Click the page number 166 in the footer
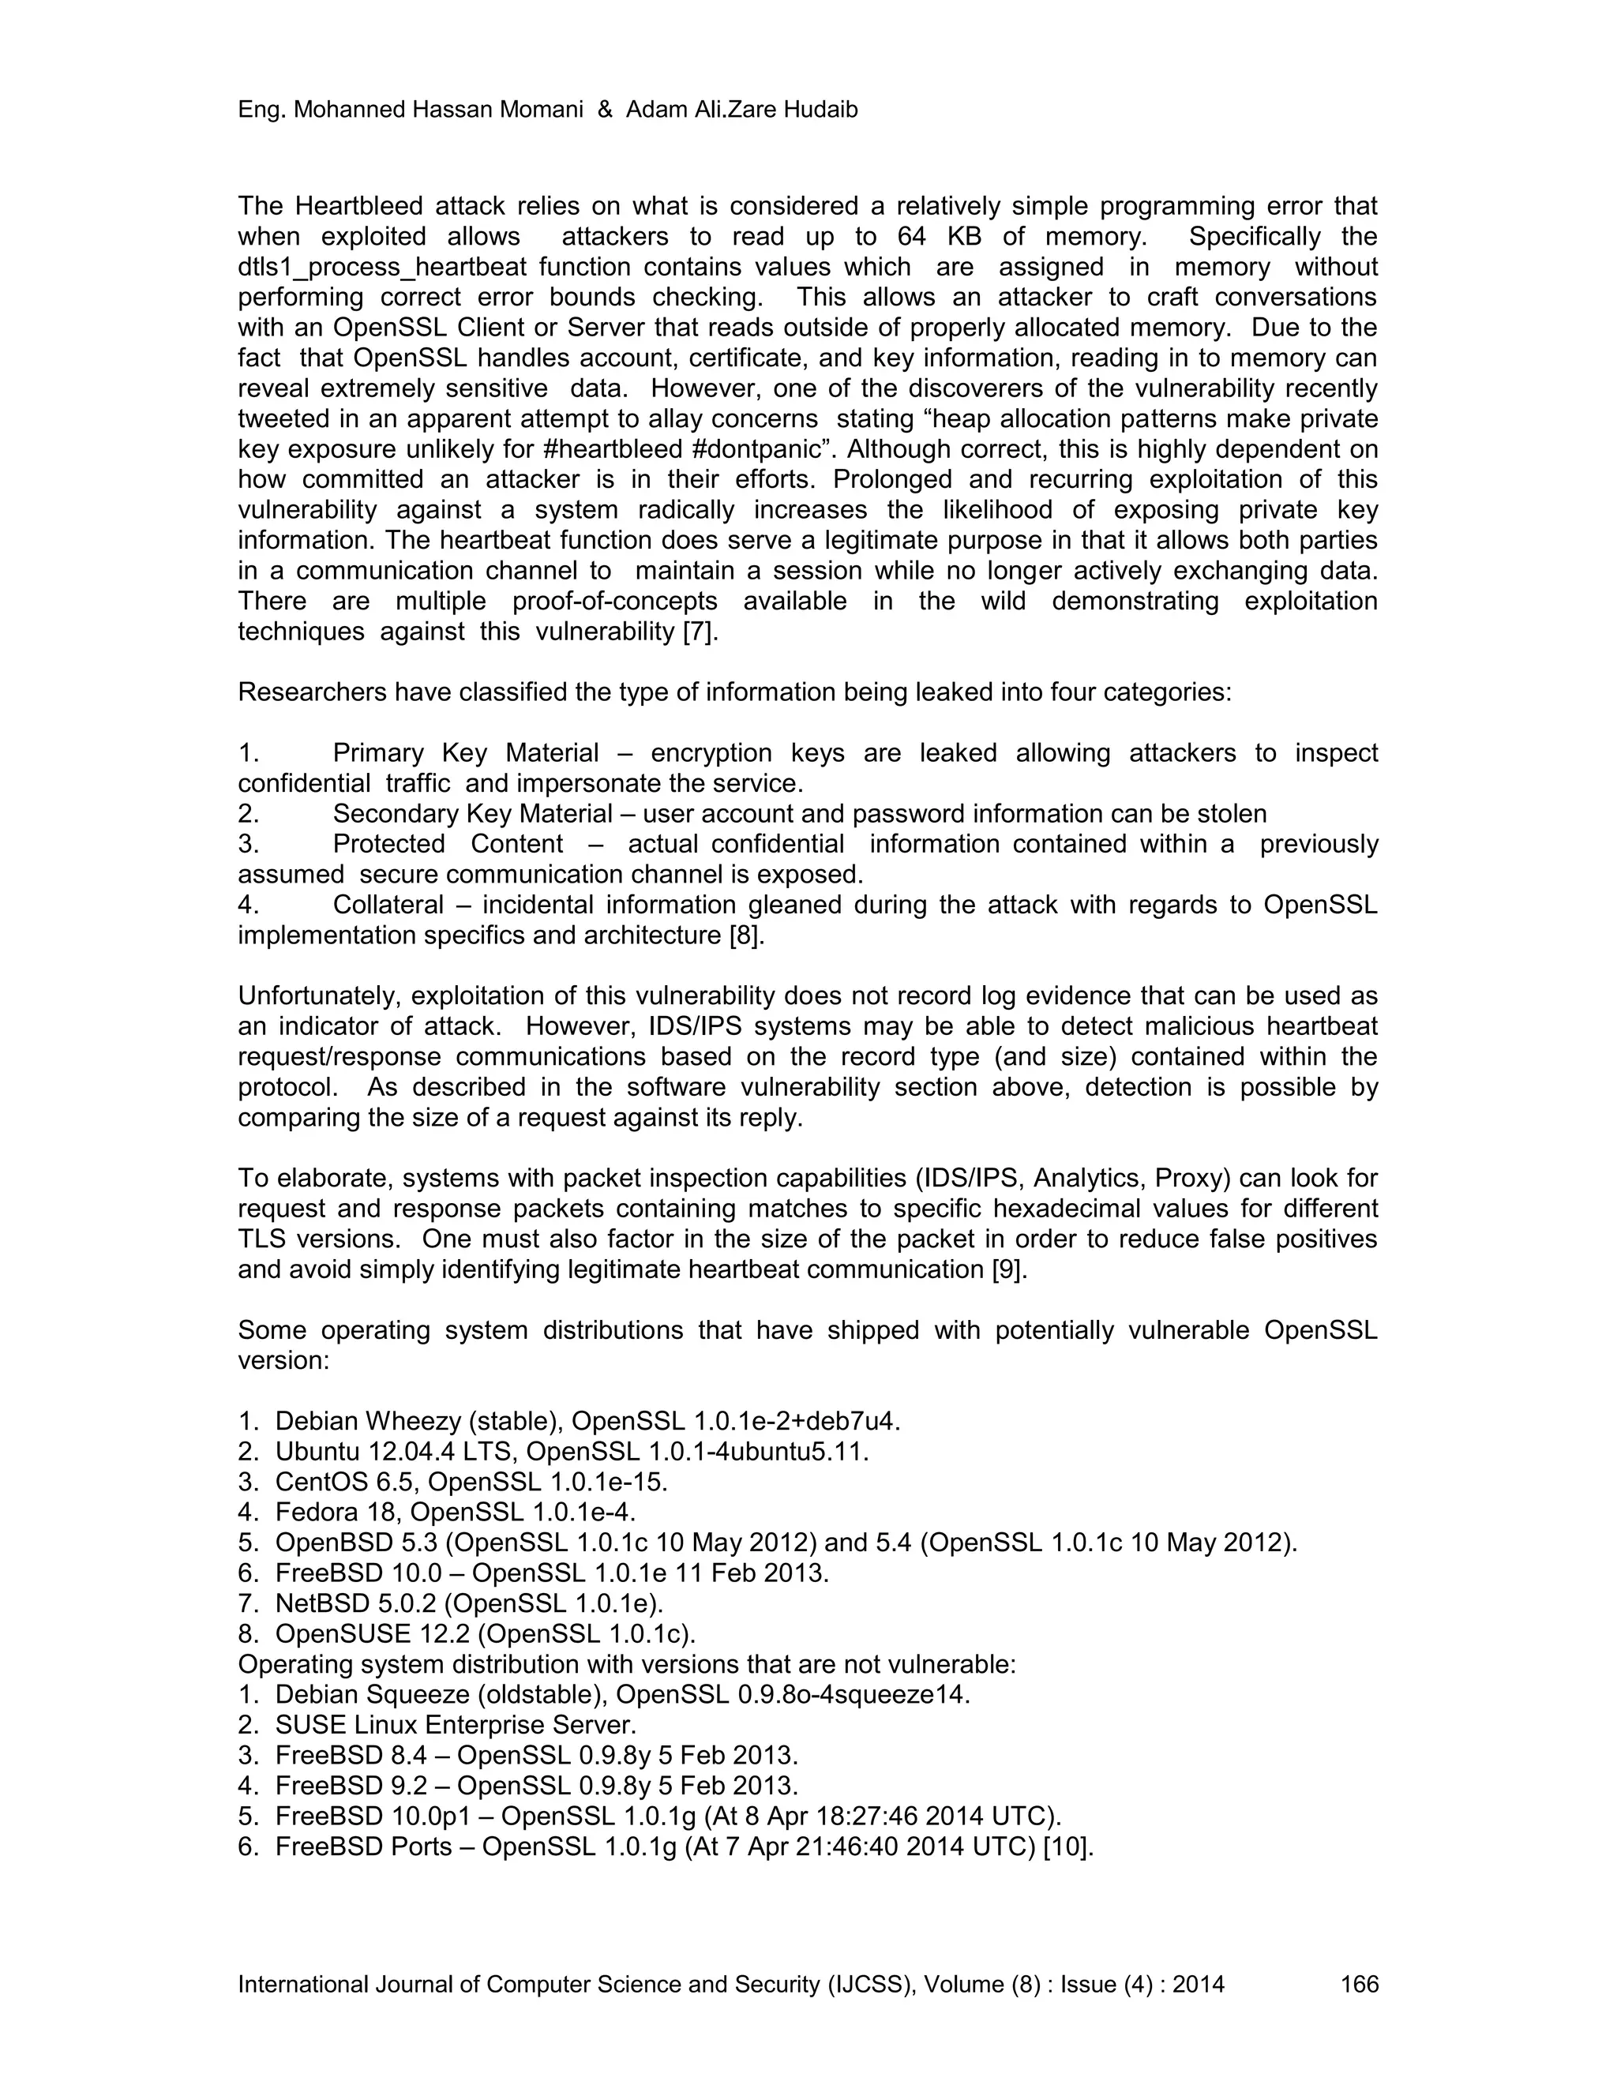(x=1358, y=1984)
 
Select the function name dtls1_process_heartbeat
(x=434, y=268)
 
